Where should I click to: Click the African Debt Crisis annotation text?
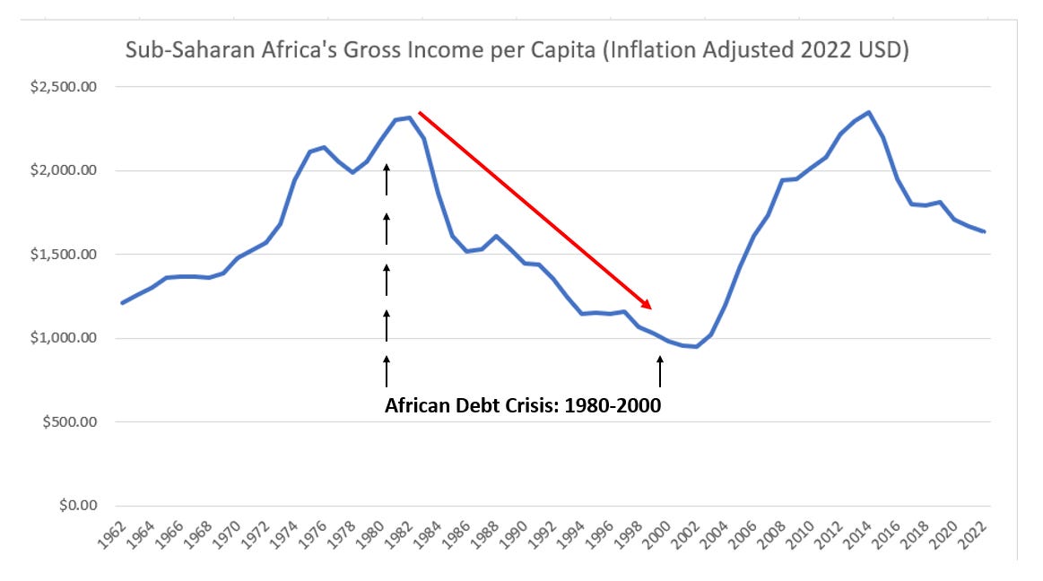[x=523, y=405]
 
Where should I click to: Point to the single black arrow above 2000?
[x=660, y=370]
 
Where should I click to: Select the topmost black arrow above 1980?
[x=387, y=179]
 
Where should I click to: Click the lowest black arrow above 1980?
[x=387, y=370]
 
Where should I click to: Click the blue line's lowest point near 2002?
[x=695, y=346]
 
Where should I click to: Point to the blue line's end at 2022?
[x=985, y=232]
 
